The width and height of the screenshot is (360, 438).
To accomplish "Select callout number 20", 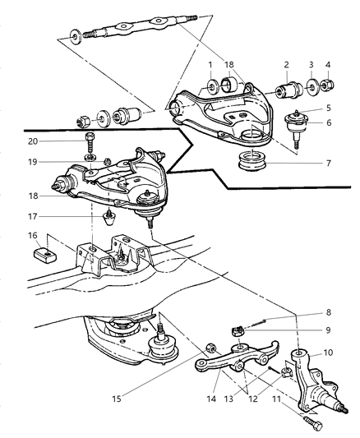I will [55, 141].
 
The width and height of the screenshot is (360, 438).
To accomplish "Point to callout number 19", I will [55, 164].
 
